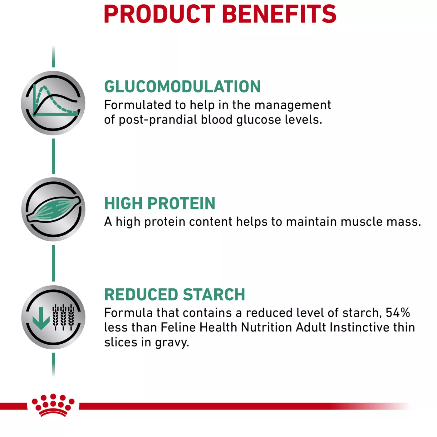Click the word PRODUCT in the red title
click(160, 14)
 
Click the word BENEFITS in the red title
click(279, 14)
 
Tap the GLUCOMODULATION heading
click(182, 86)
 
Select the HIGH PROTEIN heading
click(160, 203)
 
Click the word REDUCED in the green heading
click(141, 294)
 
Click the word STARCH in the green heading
click(214, 294)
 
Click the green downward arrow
click(41, 318)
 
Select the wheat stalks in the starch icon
click(63, 317)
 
